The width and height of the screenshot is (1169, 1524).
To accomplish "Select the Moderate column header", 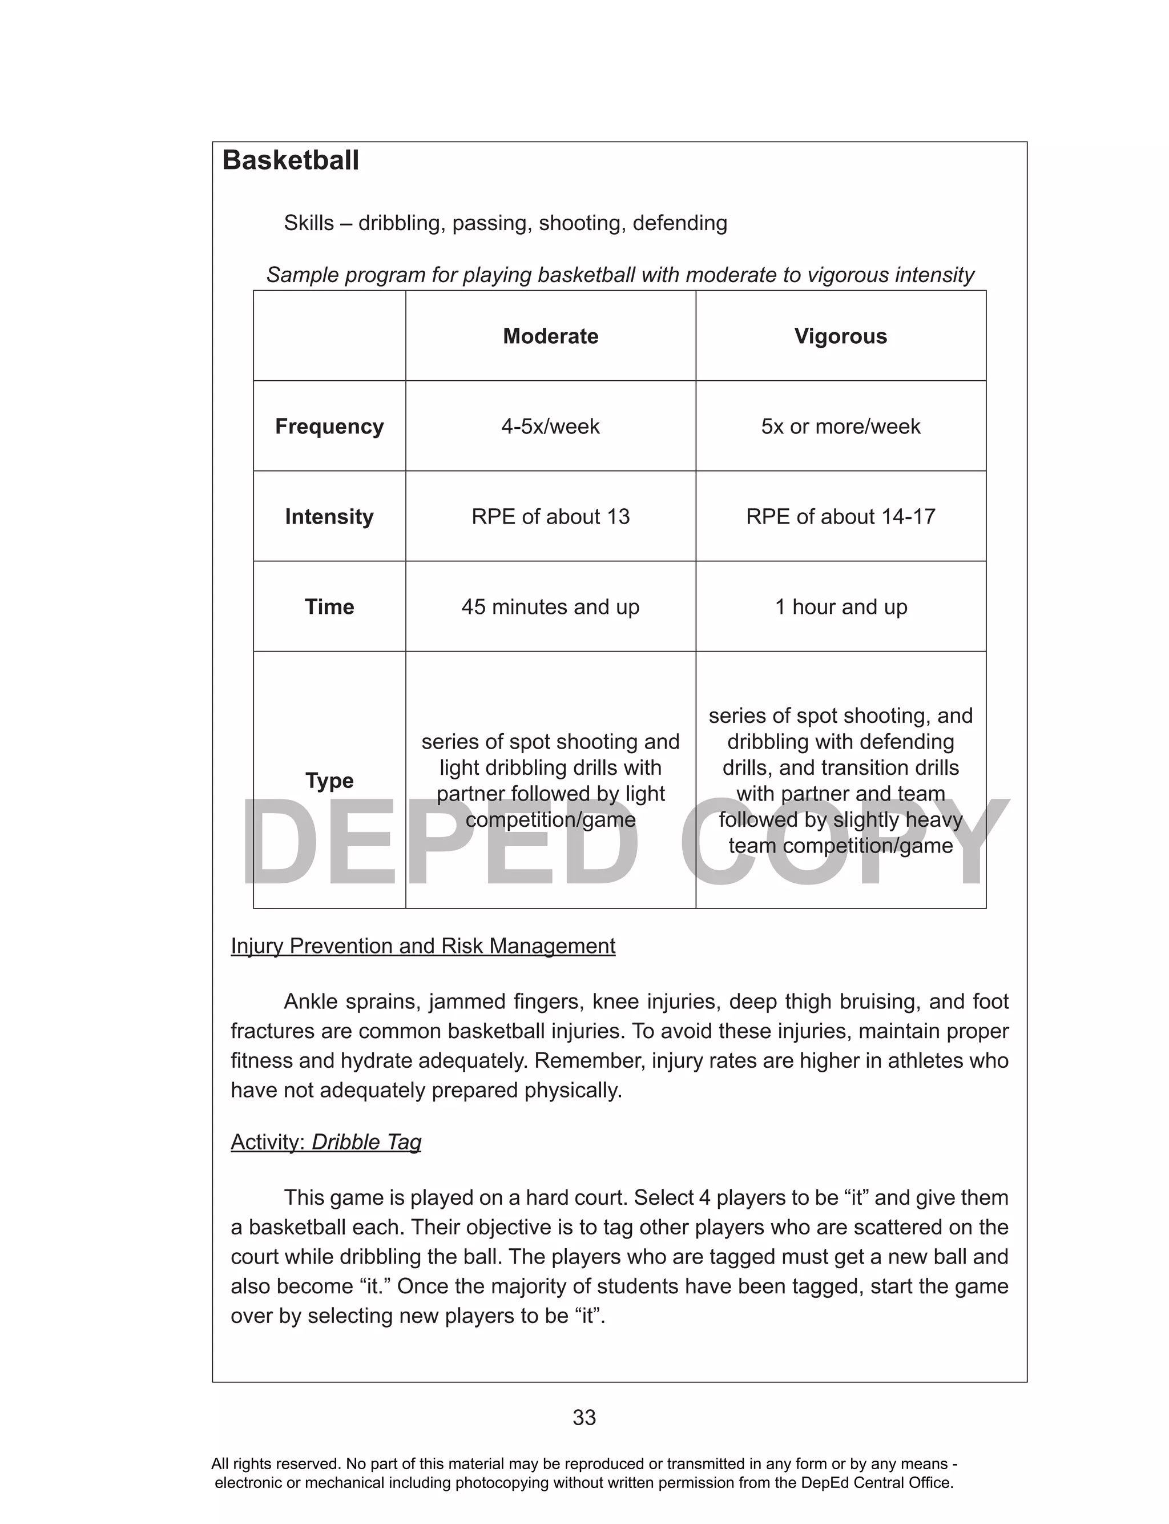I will (550, 336).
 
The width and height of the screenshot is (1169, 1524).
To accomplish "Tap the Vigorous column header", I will (841, 336).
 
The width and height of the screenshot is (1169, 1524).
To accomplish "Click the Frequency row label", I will (329, 426).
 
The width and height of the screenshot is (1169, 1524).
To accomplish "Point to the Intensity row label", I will (329, 516).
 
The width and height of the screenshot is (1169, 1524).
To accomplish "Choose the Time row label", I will (329, 607).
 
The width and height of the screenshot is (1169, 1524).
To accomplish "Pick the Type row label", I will (329, 780).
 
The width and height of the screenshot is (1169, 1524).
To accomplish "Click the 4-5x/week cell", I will (550, 426).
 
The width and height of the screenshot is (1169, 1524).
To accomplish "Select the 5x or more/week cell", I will (841, 426).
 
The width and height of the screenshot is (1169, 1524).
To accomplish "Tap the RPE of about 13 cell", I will (550, 516).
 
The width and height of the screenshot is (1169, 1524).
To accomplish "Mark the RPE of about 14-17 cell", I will (841, 516).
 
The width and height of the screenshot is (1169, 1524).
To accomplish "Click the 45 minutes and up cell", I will (550, 607).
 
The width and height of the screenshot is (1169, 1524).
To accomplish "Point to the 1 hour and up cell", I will (841, 607).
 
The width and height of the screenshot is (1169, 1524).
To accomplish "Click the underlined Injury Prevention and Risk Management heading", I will (423, 946).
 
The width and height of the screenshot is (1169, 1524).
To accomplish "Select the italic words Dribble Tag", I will (366, 1142).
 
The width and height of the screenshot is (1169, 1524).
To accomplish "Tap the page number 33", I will (584, 1418).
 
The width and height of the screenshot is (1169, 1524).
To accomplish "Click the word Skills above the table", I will (308, 223).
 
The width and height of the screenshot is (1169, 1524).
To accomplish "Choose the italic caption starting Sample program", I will (620, 275).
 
